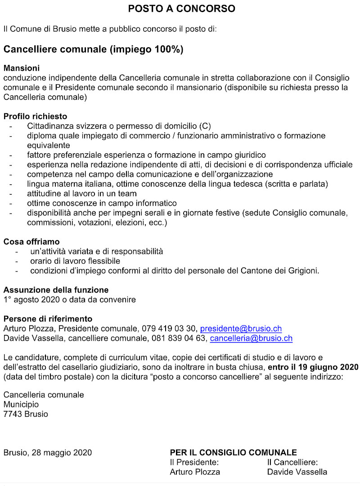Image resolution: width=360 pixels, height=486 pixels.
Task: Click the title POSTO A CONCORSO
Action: coord(181,9)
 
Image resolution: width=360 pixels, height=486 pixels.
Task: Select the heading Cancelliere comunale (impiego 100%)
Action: coord(93,49)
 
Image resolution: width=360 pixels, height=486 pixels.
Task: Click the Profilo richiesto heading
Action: coord(35,116)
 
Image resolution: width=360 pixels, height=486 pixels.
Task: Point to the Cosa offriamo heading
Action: coord(31,242)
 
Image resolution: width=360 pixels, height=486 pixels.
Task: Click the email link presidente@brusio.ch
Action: coord(241,329)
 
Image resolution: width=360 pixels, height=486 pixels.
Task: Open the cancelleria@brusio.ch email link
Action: coord(251,339)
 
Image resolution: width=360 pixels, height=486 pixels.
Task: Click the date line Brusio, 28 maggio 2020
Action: coord(47,452)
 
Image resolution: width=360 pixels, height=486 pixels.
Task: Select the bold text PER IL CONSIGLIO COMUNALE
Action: coord(233,452)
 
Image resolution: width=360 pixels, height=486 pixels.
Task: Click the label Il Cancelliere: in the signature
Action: coord(292,462)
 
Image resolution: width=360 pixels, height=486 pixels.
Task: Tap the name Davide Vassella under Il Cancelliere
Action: coord(297,472)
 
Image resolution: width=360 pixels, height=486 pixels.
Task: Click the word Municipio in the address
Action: coord(21,404)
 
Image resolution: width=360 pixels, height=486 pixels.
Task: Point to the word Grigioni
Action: coord(301,271)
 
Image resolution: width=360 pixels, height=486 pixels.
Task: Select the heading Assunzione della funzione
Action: coord(56,290)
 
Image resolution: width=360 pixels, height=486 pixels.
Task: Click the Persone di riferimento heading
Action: coord(48,319)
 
